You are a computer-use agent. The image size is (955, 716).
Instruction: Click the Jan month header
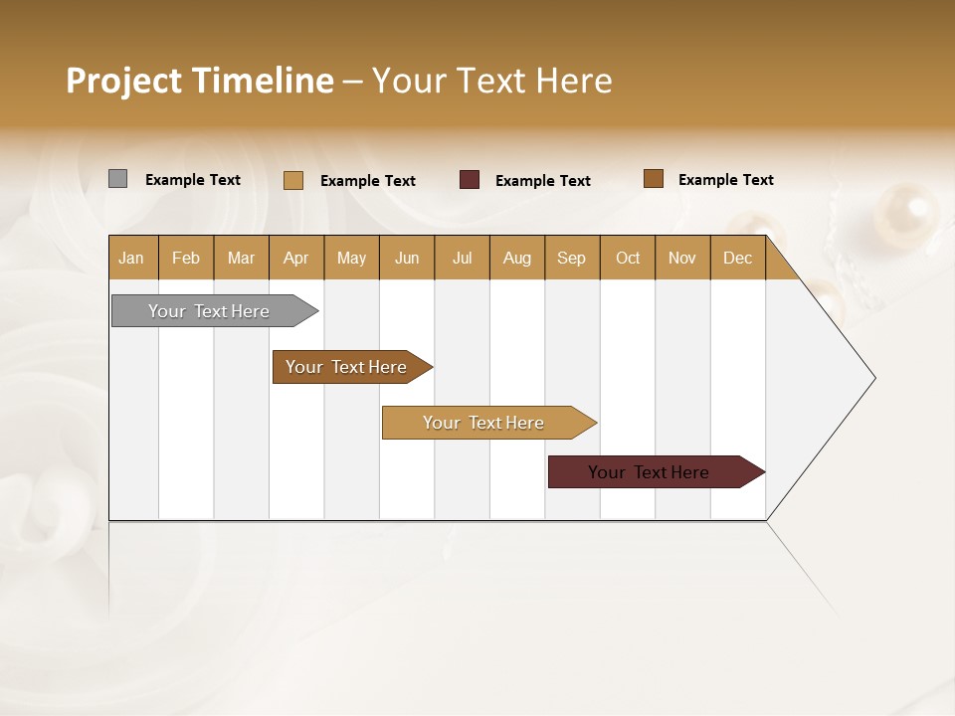(x=132, y=258)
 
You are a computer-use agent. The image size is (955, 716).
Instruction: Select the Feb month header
(x=186, y=258)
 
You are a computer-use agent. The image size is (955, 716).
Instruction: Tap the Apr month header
(x=295, y=258)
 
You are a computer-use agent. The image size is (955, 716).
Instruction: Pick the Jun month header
(x=407, y=258)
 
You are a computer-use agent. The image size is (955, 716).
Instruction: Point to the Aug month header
(x=517, y=258)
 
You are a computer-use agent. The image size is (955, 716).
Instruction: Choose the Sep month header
(x=572, y=258)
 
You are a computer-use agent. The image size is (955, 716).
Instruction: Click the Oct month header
(x=628, y=258)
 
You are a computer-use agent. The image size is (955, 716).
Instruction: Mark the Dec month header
(x=738, y=258)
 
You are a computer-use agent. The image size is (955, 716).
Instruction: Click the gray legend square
(x=117, y=179)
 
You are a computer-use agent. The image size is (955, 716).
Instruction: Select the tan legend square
(x=293, y=180)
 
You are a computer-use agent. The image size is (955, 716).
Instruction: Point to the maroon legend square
(x=470, y=180)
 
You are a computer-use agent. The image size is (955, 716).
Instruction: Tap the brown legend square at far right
(x=654, y=179)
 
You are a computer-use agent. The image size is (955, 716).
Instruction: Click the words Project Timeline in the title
(x=200, y=81)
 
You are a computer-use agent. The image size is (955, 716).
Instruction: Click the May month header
(x=351, y=258)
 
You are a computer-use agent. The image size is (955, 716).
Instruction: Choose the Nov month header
(x=682, y=258)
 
